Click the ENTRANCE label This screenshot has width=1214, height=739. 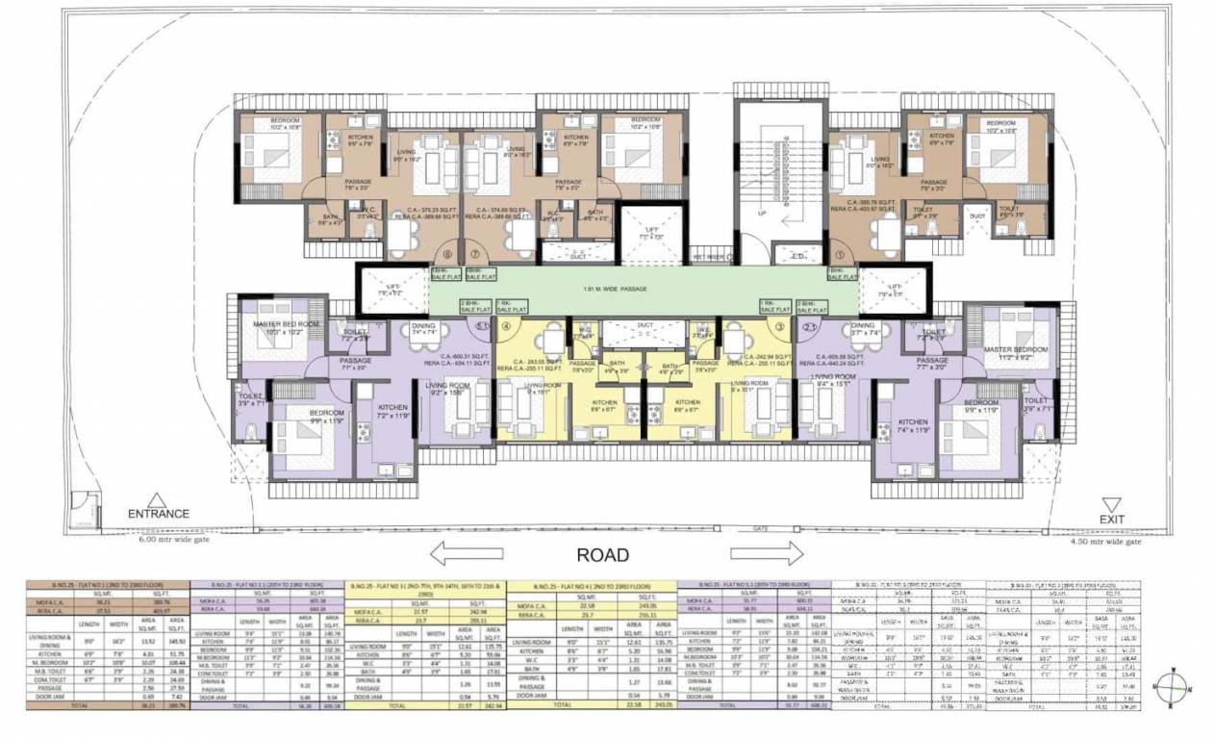point(160,513)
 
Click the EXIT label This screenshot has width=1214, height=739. point(1113,519)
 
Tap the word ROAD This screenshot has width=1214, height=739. point(603,554)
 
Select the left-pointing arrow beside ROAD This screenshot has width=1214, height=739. point(468,553)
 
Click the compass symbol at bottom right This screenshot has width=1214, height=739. point(1173,687)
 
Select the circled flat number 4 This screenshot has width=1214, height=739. point(505,325)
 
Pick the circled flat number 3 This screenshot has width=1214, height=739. point(780,325)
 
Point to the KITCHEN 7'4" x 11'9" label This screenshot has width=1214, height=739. point(913,427)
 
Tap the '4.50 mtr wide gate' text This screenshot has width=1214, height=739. point(1106,542)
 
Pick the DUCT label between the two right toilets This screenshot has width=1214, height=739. point(978,217)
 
